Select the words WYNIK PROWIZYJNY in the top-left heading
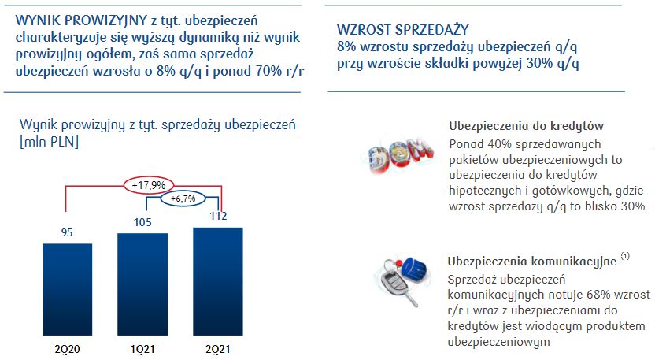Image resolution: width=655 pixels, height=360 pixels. (70, 19)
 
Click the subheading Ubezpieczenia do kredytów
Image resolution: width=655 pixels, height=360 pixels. (526, 127)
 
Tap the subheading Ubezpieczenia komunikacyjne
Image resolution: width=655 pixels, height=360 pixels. (532, 262)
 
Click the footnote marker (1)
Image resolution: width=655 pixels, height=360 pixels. (626, 257)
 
